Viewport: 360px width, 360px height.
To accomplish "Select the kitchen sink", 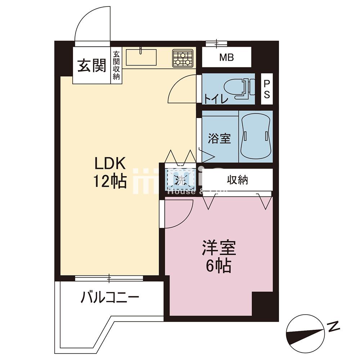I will click(141, 57).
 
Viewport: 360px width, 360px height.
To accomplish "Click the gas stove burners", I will click(183, 58).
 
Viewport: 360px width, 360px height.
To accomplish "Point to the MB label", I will click(226, 57).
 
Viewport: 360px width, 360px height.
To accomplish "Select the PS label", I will click(267, 89).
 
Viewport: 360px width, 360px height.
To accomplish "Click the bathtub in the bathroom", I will click(256, 136).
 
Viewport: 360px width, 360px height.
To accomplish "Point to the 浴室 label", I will click(219, 138).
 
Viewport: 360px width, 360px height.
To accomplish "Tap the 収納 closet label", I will click(238, 180).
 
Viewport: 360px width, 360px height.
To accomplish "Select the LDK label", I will click(110, 164).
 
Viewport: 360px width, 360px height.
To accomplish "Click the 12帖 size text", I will click(110, 182).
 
